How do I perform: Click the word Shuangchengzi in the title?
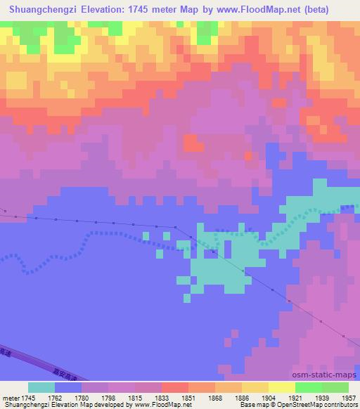pyautogui.click(x=37, y=10)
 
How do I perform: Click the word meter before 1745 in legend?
pyautogui.click(x=12, y=397)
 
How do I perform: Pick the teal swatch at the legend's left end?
pyautogui.click(x=41, y=387)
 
